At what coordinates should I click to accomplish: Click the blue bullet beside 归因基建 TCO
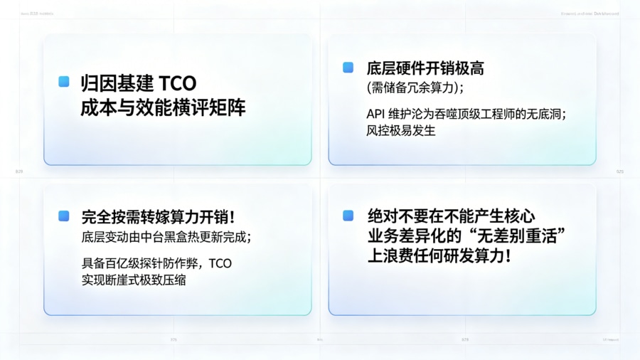coord(64,82)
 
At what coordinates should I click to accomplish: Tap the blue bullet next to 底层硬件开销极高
coord(348,68)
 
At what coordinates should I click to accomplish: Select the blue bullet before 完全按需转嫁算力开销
coord(64,216)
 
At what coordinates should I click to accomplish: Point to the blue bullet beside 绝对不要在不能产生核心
coord(348,216)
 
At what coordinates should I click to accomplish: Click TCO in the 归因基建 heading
coord(177,83)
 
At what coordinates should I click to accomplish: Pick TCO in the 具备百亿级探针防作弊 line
coord(220,263)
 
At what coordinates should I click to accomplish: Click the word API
coord(376,113)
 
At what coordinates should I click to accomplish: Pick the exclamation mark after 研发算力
coord(506,256)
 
